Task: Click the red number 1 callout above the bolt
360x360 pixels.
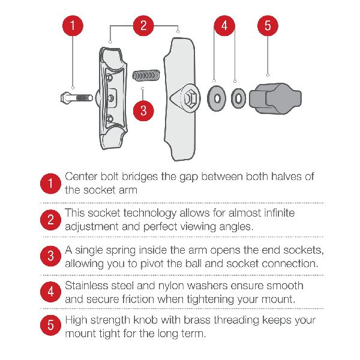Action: pos(73,25)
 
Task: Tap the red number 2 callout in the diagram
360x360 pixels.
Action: pos(143,25)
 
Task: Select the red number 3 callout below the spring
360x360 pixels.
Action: pos(143,110)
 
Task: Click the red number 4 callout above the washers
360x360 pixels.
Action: pos(224,25)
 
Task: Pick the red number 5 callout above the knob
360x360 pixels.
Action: pos(268,25)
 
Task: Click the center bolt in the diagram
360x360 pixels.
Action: pos(76,98)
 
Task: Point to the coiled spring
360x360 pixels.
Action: pos(146,76)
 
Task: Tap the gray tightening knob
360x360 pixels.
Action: pos(275,98)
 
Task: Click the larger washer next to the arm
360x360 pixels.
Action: pos(217,98)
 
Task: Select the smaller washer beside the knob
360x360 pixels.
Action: pos(238,98)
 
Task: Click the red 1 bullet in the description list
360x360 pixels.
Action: pos(50,184)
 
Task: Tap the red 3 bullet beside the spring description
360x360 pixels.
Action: pos(50,256)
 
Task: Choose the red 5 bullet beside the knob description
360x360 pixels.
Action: pos(50,325)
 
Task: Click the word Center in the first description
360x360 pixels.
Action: pos(81,176)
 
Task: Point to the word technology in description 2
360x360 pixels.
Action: pos(149,214)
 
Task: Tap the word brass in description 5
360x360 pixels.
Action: pos(197,320)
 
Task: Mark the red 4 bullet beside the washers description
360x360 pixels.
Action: pos(50,292)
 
